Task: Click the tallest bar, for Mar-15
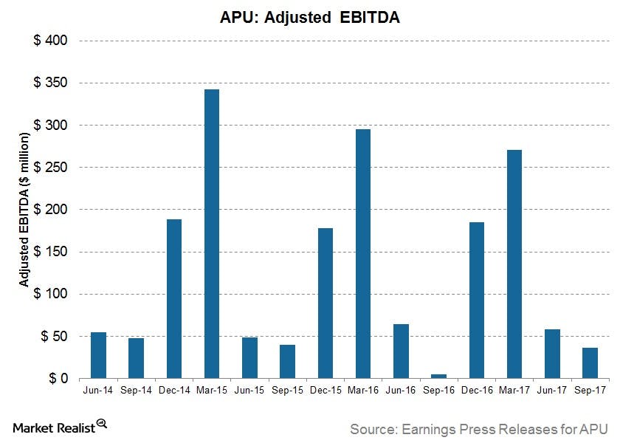(212, 233)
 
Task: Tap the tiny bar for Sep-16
(438, 376)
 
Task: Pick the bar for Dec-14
(174, 298)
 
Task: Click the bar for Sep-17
(590, 363)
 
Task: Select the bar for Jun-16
(401, 351)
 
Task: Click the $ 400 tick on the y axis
(51, 41)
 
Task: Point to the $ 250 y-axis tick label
(51, 168)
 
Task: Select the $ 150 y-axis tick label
(51, 252)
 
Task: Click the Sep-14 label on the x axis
(137, 392)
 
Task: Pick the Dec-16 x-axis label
(477, 392)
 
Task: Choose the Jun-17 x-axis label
(552, 392)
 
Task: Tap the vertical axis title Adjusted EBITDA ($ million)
(24, 210)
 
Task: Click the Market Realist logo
(61, 426)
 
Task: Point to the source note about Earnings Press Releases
(478, 428)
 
